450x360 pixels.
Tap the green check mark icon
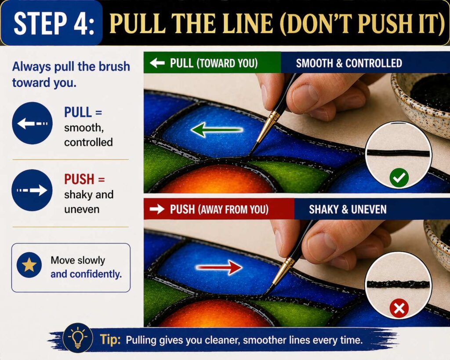(399, 178)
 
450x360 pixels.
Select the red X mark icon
(399, 309)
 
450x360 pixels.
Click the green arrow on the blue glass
(217, 130)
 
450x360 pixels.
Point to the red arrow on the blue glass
(219, 267)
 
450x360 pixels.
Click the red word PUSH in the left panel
(79, 179)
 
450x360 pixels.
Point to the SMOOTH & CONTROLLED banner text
(348, 63)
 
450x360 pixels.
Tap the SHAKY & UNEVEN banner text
(347, 209)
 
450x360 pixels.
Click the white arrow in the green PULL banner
(157, 63)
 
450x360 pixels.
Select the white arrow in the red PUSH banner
(157, 209)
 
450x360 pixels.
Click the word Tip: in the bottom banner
(107, 339)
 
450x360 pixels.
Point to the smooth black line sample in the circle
(398, 153)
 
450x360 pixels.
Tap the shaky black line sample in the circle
(398, 284)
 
